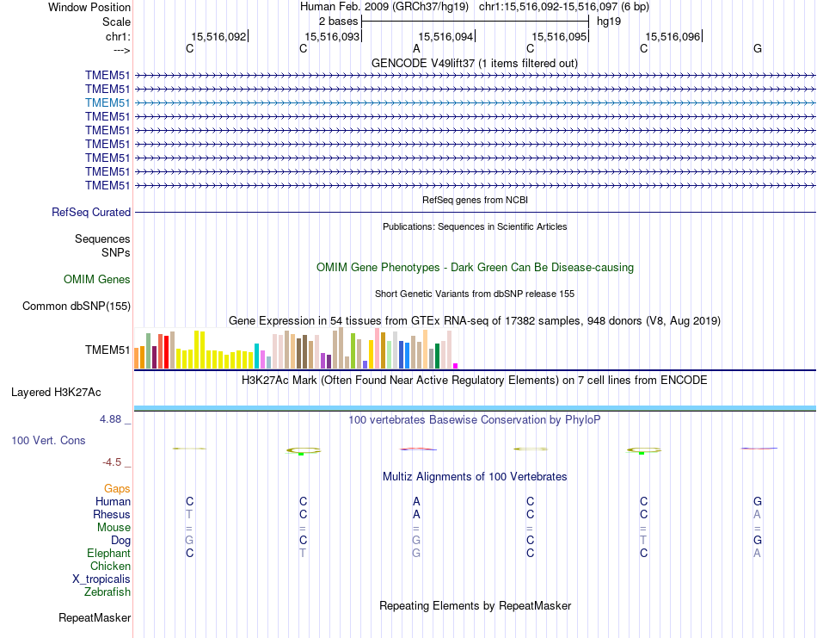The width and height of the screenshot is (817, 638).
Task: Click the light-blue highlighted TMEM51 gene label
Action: click(x=107, y=102)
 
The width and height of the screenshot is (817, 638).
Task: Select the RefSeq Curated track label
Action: click(x=91, y=212)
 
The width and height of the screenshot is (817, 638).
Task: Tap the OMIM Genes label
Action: click(x=97, y=279)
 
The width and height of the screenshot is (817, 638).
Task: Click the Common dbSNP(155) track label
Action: click(x=77, y=306)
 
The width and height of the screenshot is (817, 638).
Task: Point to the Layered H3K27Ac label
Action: click(x=56, y=392)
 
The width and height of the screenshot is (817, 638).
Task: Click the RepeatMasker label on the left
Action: click(x=95, y=617)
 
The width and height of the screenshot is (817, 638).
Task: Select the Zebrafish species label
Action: click(x=107, y=592)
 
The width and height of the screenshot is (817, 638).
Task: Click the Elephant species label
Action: click(x=108, y=553)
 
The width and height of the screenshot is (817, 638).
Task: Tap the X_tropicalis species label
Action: click(x=101, y=579)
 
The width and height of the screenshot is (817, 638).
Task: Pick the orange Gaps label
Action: click(x=117, y=488)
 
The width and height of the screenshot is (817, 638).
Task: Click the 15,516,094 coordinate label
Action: click(x=445, y=37)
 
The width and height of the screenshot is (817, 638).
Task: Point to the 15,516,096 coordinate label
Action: click(x=673, y=37)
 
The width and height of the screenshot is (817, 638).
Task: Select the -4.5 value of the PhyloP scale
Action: click(x=114, y=461)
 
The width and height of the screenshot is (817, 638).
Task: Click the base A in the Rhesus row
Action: click(x=416, y=514)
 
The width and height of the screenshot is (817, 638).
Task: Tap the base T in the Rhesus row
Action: click(x=189, y=514)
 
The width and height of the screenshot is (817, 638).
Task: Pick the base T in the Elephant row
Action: click(x=303, y=553)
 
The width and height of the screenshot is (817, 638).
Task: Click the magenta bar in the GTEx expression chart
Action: click(x=456, y=365)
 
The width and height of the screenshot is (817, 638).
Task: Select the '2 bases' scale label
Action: click(x=336, y=20)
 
